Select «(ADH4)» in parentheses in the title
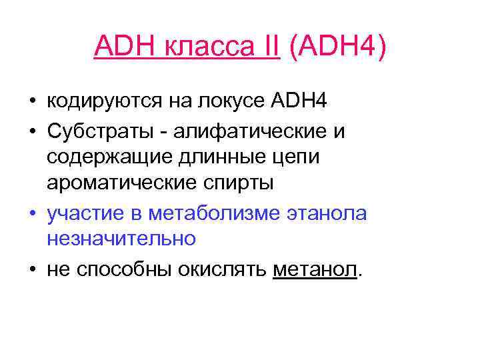pos(335,47)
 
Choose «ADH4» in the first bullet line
pos(300,103)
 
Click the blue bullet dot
pos(32,214)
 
